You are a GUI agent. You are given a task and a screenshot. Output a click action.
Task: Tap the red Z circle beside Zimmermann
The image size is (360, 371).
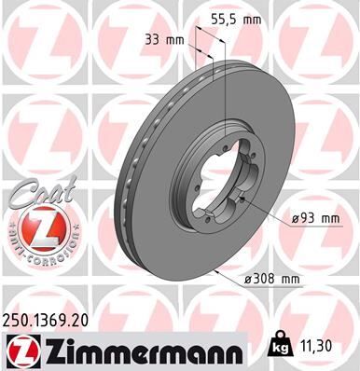19,350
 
